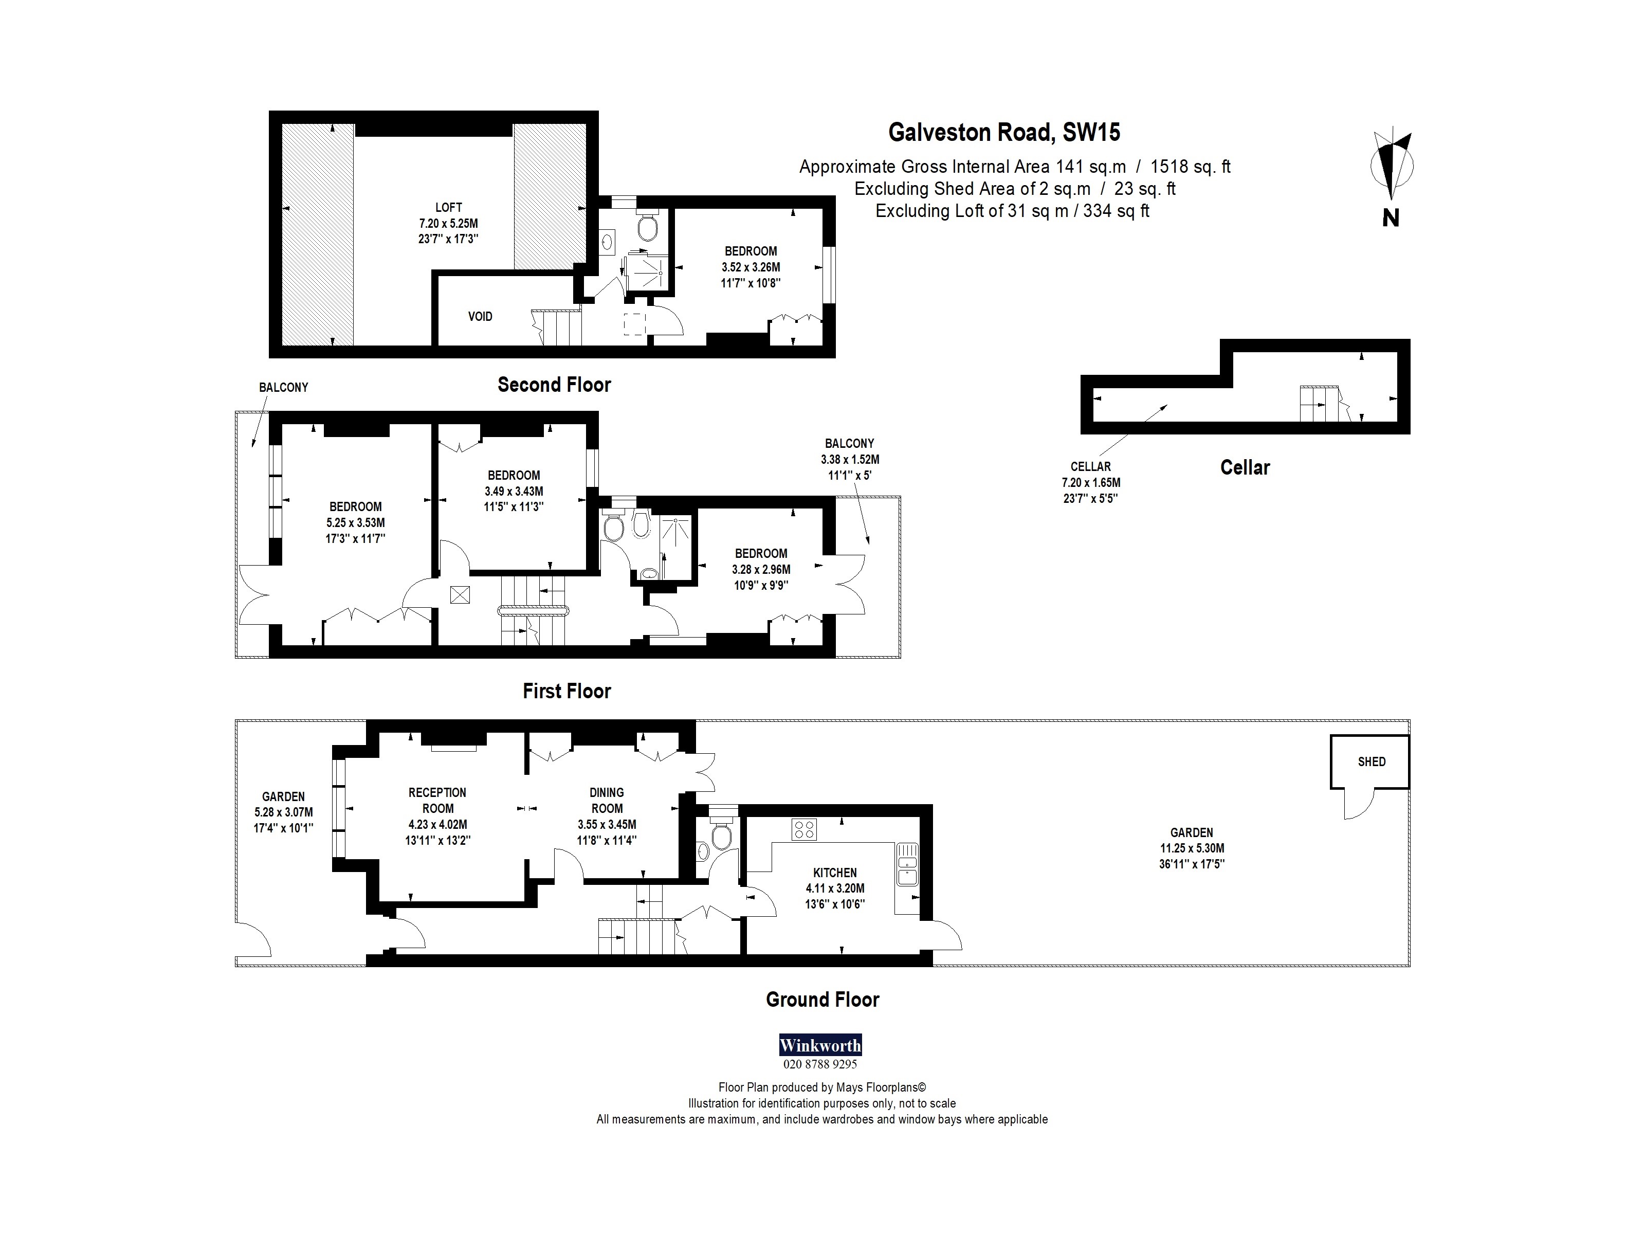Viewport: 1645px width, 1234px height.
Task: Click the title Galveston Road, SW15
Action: (1004, 133)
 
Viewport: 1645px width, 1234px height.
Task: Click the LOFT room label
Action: (448, 208)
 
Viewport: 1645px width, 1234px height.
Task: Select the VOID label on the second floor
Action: (480, 316)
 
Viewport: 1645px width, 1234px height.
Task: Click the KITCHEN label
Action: (834, 873)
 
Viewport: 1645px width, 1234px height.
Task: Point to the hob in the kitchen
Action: (805, 829)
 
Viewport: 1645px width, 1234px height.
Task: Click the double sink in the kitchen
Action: (907, 864)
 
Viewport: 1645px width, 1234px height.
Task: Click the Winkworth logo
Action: (819, 1045)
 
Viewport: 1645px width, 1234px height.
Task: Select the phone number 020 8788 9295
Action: (819, 1064)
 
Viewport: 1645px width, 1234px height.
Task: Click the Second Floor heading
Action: (554, 385)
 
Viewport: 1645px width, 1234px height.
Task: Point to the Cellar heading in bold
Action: (1245, 468)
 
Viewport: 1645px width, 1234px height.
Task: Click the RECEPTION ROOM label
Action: (437, 801)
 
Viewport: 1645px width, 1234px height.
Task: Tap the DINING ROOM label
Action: (607, 801)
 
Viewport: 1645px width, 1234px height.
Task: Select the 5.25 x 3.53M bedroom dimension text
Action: (356, 523)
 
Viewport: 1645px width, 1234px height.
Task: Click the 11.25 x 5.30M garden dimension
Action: (1192, 848)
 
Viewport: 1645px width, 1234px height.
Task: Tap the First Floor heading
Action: (566, 691)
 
